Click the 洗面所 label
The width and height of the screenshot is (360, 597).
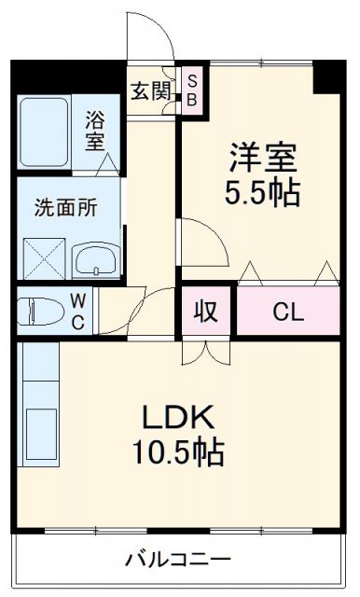tap(65, 208)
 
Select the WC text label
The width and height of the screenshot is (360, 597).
tap(79, 311)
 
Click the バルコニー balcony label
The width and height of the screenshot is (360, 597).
tap(178, 562)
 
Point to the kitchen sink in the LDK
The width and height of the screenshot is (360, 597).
tap(38, 434)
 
